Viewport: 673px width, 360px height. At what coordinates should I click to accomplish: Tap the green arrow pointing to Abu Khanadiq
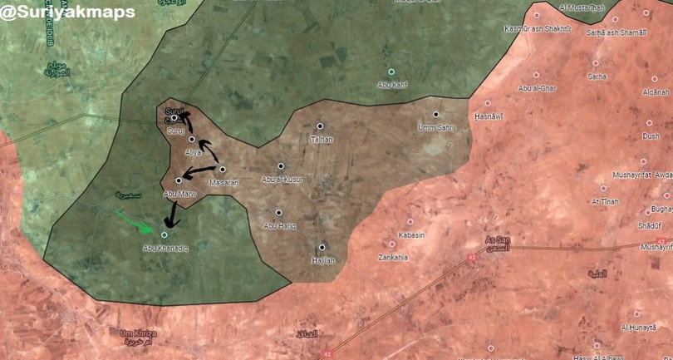click(x=135, y=222)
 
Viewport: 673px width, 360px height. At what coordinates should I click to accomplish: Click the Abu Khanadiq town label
click(x=165, y=248)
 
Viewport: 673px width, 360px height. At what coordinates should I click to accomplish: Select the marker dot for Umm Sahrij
click(x=435, y=114)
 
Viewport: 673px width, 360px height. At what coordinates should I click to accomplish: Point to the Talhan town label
click(x=321, y=139)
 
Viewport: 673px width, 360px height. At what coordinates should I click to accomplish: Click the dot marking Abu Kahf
click(x=391, y=72)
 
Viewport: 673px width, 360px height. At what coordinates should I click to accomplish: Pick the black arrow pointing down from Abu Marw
click(x=172, y=215)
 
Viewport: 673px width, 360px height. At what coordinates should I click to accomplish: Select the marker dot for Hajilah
click(x=322, y=246)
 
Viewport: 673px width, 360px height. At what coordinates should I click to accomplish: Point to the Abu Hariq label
click(x=279, y=225)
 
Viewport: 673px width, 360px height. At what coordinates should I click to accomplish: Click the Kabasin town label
click(x=411, y=235)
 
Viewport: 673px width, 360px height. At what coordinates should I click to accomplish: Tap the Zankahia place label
click(x=393, y=257)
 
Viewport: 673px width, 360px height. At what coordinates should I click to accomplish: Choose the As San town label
click(x=498, y=241)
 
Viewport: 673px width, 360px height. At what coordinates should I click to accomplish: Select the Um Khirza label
click(x=138, y=333)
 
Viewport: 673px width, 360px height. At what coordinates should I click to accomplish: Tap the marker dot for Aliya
click(x=192, y=139)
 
